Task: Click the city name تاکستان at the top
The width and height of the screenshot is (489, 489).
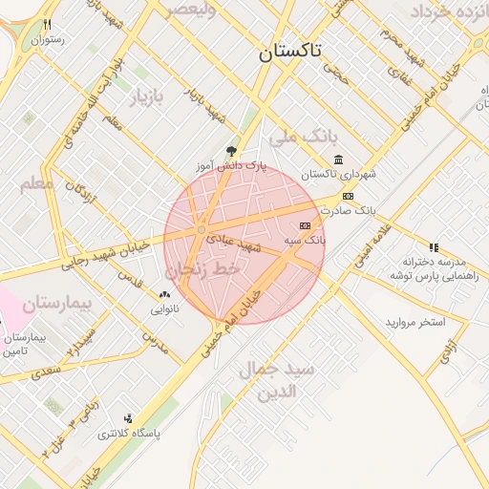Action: [291, 53]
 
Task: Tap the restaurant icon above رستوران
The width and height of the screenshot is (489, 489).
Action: [47, 25]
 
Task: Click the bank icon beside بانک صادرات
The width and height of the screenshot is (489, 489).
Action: [348, 196]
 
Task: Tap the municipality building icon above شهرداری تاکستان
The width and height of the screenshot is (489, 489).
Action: [337, 159]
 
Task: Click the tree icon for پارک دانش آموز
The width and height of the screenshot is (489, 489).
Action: [230, 151]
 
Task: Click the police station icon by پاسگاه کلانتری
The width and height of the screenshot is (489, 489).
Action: [128, 418]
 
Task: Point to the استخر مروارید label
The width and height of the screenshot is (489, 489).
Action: [416, 323]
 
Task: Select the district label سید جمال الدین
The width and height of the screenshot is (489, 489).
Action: [277, 380]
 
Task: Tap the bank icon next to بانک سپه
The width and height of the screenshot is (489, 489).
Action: [305, 225]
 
